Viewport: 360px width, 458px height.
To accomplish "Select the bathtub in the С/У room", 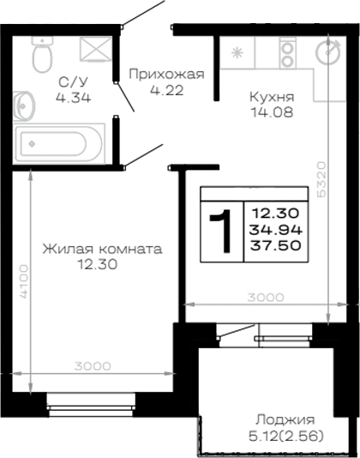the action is pyautogui.click(x=59, y=144).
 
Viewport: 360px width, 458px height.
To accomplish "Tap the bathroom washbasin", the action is pyautogui.click(x=24, y=105).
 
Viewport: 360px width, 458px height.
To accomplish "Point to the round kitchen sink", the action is pyautogui.click(x=329, y=51).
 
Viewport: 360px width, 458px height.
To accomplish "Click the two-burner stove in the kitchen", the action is pyautogui.click(x=288, y=52).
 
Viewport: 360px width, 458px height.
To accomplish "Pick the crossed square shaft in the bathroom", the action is pyautogui.click(x=96, y=49).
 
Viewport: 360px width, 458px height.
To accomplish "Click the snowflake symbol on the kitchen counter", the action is pyautogui.click(x=237, y=53).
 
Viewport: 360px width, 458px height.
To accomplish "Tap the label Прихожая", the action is pyautogui.click(x=167, y=75).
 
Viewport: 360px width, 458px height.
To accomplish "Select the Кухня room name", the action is pyautogui.click(x=272, y=97).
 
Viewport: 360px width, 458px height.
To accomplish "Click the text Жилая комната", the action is pyautogui.click(x=102, y=249).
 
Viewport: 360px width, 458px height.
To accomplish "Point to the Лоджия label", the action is pyautogui.click(x=285, y=420).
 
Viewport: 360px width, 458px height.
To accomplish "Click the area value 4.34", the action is pyautogui.click(x=73, y=97).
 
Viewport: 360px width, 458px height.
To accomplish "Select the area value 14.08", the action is pyautogui.click(x=272, y=112).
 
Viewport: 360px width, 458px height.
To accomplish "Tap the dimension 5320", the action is pyautogui.click(x=321, y=179).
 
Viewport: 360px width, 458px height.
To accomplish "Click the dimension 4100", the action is pyautogui.click(x=24, y=281).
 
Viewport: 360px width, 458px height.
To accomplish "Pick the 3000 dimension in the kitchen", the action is pyautogui.click(x=266, y=298).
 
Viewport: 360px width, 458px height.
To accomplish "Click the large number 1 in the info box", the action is pyautogui.click(x=221, y=231).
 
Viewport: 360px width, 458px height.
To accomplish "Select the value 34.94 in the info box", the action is pyautogui.click(x=276, y=230).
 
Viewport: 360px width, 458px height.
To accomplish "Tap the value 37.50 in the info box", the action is pyautogui.click(x=276, y=245).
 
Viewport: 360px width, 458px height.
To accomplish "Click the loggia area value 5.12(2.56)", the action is pyautogui.click(x=286, y=437).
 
